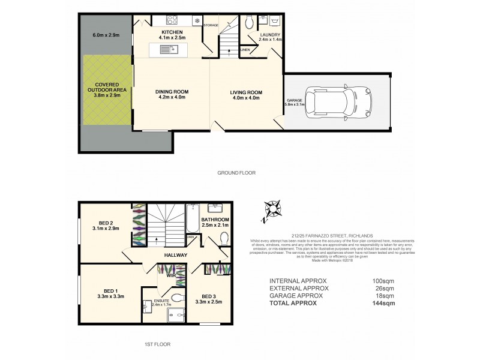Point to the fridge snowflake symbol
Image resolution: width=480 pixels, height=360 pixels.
pos(197,22)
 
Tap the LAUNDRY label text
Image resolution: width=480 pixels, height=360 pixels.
pos(269,35)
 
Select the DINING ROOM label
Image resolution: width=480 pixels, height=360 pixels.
pos(172,92)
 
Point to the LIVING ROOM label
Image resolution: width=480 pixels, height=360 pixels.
pos(244,92)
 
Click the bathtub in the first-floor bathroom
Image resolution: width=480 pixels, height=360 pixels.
pos(193,220)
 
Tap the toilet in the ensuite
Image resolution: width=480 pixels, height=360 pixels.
pos(177,298)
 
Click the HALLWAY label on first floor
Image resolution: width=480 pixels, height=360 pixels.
pos(177,255)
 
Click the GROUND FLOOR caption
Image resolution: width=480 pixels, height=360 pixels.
pos(236,172)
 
